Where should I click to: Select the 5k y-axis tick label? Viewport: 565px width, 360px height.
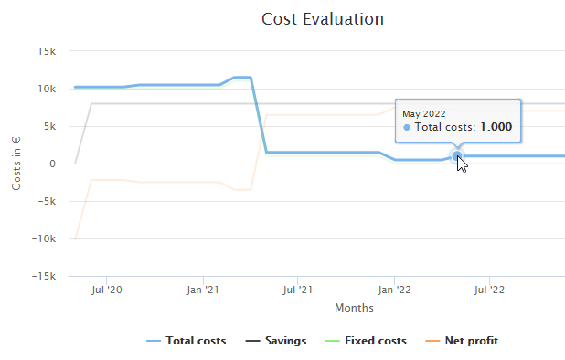[51, 126]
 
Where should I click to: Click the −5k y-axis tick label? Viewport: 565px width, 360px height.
[48, 201]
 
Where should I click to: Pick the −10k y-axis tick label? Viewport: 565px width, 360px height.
[46, 238]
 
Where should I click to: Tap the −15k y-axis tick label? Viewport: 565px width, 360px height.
[46, 276]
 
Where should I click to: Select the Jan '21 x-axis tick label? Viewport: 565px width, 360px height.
[202, 291]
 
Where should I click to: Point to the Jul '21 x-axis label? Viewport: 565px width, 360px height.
[297, 291]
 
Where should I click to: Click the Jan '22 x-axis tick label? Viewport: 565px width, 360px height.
[394, 291]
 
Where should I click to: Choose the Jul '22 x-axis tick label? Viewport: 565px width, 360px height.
[490, 291]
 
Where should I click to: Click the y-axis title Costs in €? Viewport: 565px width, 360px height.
[16, 164]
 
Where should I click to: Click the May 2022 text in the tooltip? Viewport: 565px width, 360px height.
[424, 113]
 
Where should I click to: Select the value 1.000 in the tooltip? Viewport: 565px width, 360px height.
[497, 127]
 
